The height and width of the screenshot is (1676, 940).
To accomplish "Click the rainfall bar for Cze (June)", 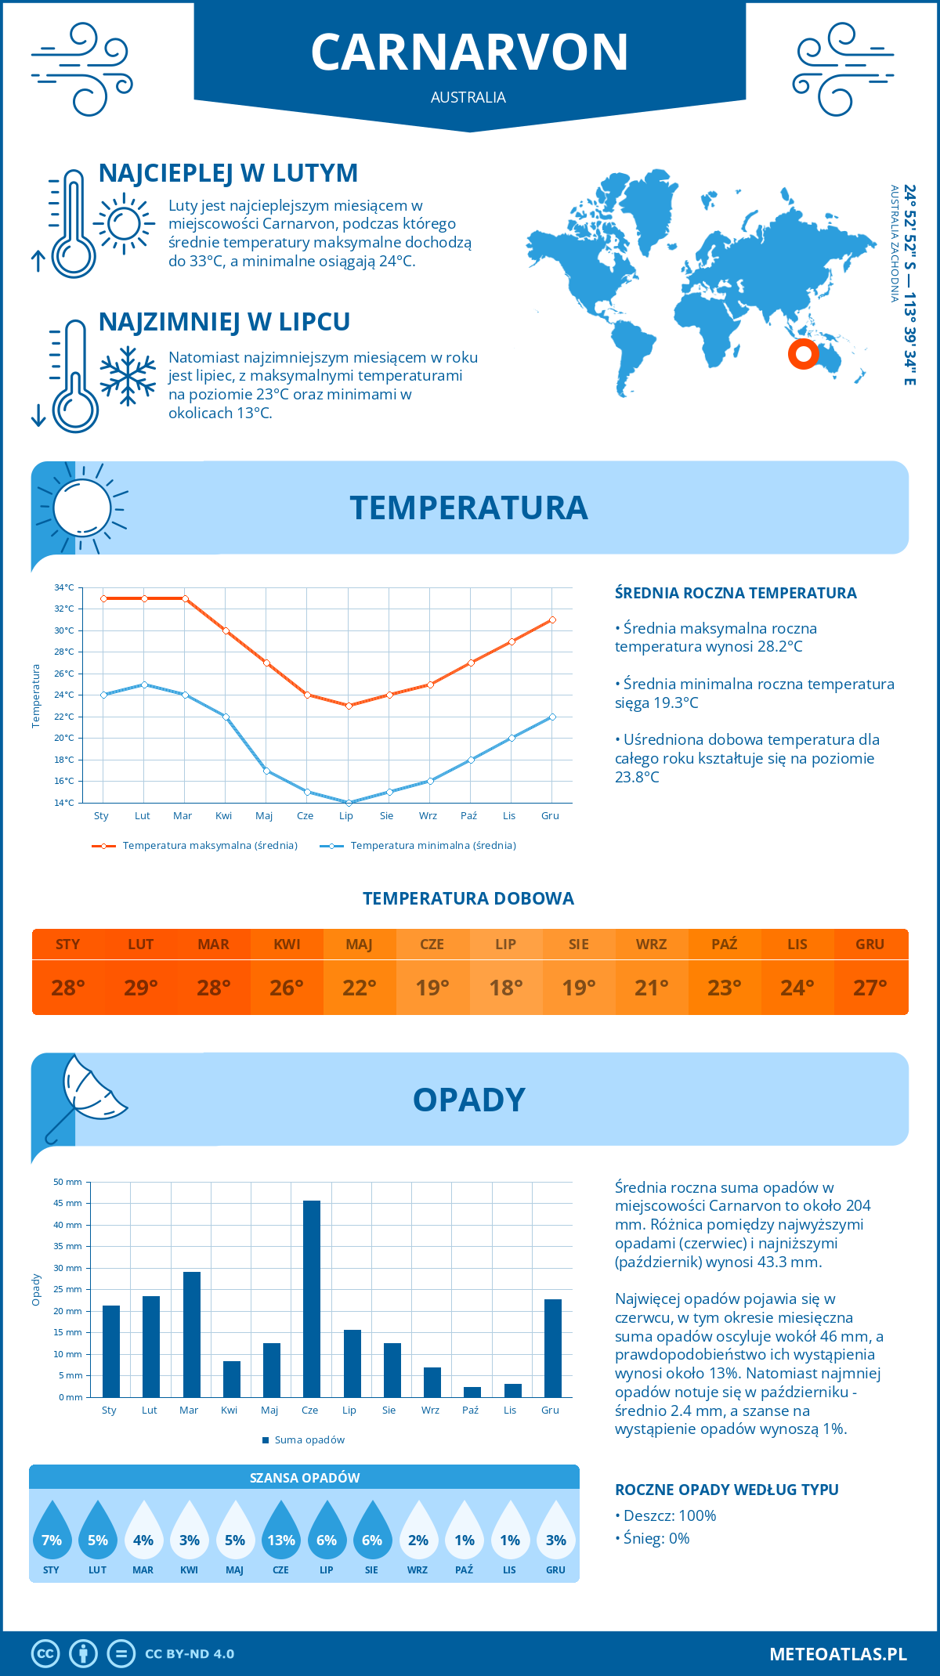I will [x=311, y=1299].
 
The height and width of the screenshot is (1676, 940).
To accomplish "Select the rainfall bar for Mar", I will [x=191, y=1335].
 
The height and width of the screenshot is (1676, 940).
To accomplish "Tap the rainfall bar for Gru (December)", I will [x=553, y=1348].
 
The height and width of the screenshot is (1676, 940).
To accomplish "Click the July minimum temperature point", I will [x=348, y=803].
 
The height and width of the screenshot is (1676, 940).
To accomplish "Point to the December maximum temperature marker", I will [x=552, y=619].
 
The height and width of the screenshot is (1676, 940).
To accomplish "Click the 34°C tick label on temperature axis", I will [x=64, y=587].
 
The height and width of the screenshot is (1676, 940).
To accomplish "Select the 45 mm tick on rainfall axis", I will [x=68, y=1203].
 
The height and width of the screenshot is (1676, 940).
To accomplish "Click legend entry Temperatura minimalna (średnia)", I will [x=432, y=846].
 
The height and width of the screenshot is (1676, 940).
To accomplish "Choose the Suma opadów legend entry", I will [x=309, y=1439].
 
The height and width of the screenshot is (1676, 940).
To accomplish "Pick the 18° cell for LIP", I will [x=505, y=988].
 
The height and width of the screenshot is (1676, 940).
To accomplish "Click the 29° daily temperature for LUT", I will [x=141, y=988].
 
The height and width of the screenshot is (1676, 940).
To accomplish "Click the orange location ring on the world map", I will [x=803, y=354].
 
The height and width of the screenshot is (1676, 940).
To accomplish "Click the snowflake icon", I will [x=128, y=376].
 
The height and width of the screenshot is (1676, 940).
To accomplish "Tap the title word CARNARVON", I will [x=469, y=52].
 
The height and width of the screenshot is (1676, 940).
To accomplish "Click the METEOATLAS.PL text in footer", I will [x=838, y=1654].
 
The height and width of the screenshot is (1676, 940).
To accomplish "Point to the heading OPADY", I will [x=468, y=1100].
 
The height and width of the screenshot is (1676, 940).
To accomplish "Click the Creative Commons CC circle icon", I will [x=45, y=1654].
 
